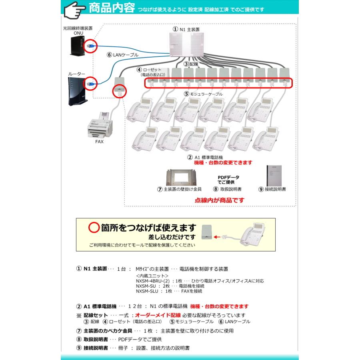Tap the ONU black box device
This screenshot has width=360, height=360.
pos(75,48)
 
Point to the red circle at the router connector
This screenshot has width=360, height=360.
pos(91,84)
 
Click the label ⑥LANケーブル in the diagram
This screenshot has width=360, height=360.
pos(122,55)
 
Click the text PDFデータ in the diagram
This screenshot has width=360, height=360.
pos(226,177)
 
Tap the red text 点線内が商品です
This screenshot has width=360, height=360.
pos(219,200)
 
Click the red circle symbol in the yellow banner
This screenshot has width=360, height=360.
pos(94,228)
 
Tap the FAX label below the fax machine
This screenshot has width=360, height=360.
pos(99,142)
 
